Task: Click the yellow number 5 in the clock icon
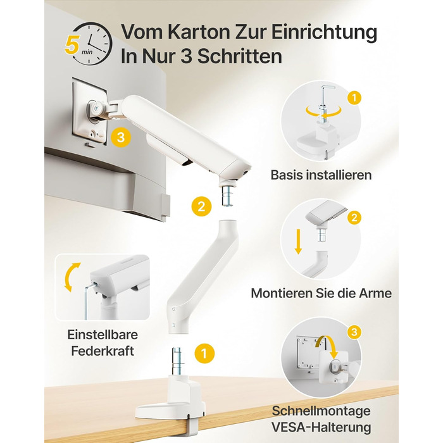pyautogui.click(x=72, y=45)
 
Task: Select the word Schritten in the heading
pyautogui.click(x=240, y=56)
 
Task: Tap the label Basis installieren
pyautogui.click(x=321, y=175)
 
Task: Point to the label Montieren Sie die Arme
pyautogui.click(x=321, y=293)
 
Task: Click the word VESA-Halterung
pyautogui.click(x=321, y=427)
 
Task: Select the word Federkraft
pyautogui.click(x=103, y=351)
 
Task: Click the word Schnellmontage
pyautogui.click(x=321, y=411)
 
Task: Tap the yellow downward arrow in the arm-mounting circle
pyautogui.click(x=298, y=242)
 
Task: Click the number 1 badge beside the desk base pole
pyautogui.click(x=204, y=353)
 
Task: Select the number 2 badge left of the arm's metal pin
pyautogui.click(x=201, y=206)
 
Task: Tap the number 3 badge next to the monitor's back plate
pyautogui.click(x=121, y=137)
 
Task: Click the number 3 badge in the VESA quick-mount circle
pyautogui.click(x=354, y=332)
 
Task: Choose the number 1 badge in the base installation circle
pyautogui.click(x=354, y=98)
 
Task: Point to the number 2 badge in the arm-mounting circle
pyautogui.click(x=354, y=218)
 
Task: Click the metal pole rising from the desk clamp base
pyautogui.click(x=177, y=361)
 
